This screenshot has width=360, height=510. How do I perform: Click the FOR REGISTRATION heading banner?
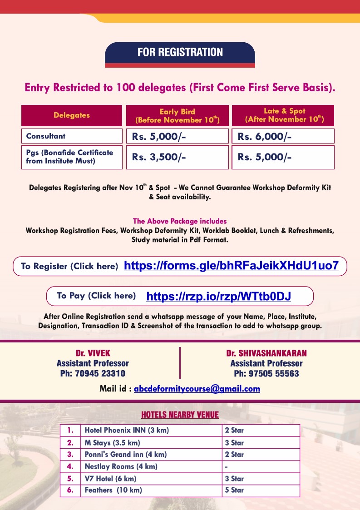tap(180, 52)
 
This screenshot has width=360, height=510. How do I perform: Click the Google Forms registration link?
tap(231, 266)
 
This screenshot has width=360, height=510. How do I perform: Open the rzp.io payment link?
tap(218, 297)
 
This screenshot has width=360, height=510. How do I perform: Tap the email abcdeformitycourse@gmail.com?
tap(197, 389)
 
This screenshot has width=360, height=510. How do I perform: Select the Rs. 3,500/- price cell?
tap(177, 157)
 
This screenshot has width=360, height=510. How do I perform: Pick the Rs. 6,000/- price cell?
tap(283, 136)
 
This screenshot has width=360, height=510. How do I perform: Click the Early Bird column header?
tap(177, 115)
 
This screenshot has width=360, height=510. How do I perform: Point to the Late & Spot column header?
tap(283, 115)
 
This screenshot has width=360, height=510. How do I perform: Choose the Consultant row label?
tap(72, 136)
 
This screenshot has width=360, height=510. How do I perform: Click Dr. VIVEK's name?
tap(93, 353)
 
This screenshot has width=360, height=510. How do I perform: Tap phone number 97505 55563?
tap(266, 374)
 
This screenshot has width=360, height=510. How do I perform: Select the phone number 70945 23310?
tap(93, 374)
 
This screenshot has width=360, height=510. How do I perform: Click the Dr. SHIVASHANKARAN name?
tap(266, 353)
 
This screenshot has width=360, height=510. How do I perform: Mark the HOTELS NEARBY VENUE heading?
tap(180, 415)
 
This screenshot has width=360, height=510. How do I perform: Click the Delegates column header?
tap(72, 115)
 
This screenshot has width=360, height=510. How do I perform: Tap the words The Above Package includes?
tap(180, 221)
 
